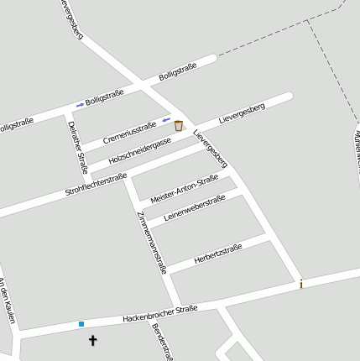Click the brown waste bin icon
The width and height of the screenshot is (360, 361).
coord(178,125)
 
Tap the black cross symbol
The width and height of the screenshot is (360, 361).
coord(93,341)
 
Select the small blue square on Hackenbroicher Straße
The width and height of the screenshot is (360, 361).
coord(81,323)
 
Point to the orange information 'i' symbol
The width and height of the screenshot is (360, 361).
coord(301,285)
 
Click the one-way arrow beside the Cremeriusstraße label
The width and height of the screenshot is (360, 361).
coord(166,120)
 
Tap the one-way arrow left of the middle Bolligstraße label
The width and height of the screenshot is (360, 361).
coord(80,105)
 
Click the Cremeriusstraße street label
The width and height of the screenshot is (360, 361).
coord(130,132)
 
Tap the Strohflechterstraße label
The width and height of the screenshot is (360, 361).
coord(96,185)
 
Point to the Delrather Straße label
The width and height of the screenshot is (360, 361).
coord(78,147)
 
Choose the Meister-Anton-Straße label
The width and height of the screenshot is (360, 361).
coord(185,189)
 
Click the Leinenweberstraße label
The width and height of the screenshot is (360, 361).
coord(194,209)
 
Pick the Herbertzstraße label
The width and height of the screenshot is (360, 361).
coord(217,253)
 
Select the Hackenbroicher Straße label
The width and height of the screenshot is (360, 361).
coord(159,314)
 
